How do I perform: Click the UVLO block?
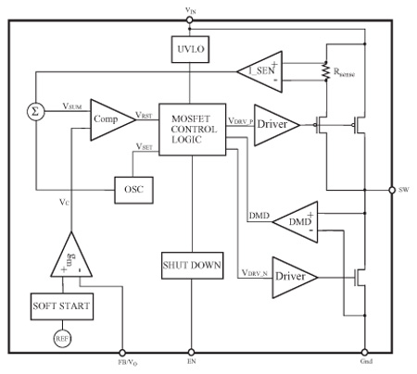(x=190, y=49)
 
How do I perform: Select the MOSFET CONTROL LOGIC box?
(x=192, y=130)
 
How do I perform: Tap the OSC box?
(x=133, y=190)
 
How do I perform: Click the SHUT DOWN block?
(x=192, y=266)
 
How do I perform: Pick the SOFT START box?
(x=62, y=306)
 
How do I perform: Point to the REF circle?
(x=62, y=339)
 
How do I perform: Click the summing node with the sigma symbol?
(x=35, y=112)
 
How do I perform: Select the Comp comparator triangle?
(x=113, y=119)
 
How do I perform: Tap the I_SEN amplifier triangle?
(x=259, y=71)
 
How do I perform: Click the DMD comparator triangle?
(x=295, y=222)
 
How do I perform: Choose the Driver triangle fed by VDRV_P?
(x=277, y=125)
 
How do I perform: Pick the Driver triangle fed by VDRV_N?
(x=295, y=278)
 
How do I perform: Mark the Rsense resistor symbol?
(x=325, y=71)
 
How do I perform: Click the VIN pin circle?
(x=190, y=20)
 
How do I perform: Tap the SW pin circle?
(x=392, y=190)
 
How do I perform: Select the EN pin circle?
(x=192, y=352)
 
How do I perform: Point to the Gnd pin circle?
(x=365, y=352)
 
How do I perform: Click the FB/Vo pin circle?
(x=122, y=353)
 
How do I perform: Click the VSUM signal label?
(x=72, y=106)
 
